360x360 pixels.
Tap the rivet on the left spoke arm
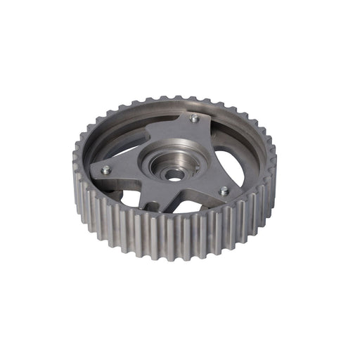click(x=105, y=169)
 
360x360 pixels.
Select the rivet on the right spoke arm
click(x=224, y=191)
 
